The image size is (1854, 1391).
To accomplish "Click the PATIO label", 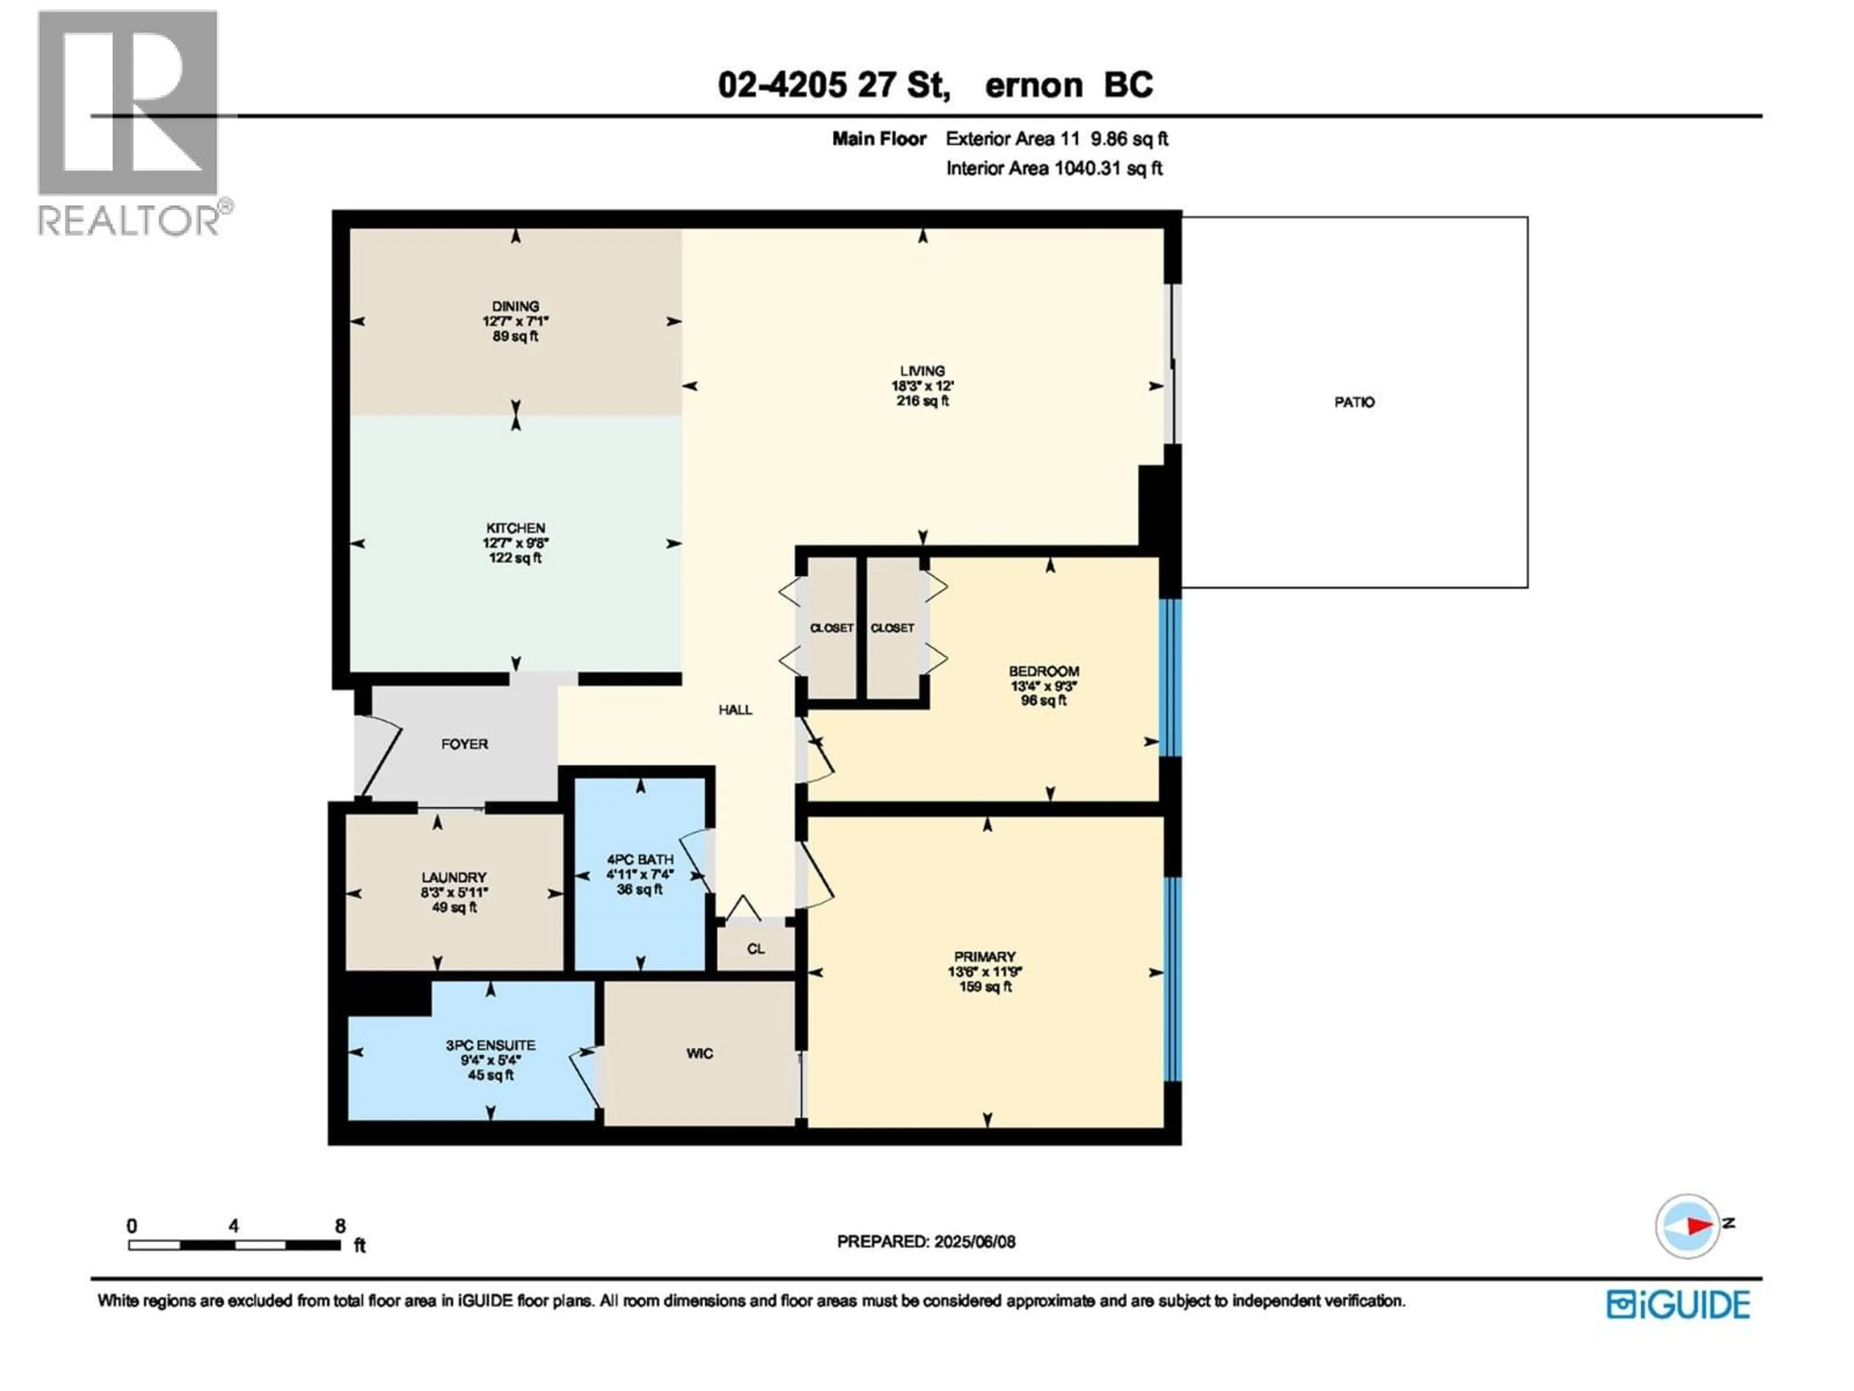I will pyautogui.click(x=1354, y=402).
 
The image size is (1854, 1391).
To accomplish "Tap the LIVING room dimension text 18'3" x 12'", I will pyautogui.click(x=922, y=386).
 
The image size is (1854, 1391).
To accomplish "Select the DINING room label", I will pyautogui.click(x=516, y=307).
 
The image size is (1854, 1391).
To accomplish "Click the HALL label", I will pyautogui.click(x=735, y=710).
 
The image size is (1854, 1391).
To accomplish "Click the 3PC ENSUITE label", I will pyautogui.click(x=491, y=1046).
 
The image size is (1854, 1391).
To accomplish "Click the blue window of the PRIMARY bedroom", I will pyautogui.click(x=1173, y=979).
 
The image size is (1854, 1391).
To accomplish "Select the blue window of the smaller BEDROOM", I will pyautogui.click(x=1169, y=678).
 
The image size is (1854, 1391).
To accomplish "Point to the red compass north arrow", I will pyautogui.click(x=1700, y=1226).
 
